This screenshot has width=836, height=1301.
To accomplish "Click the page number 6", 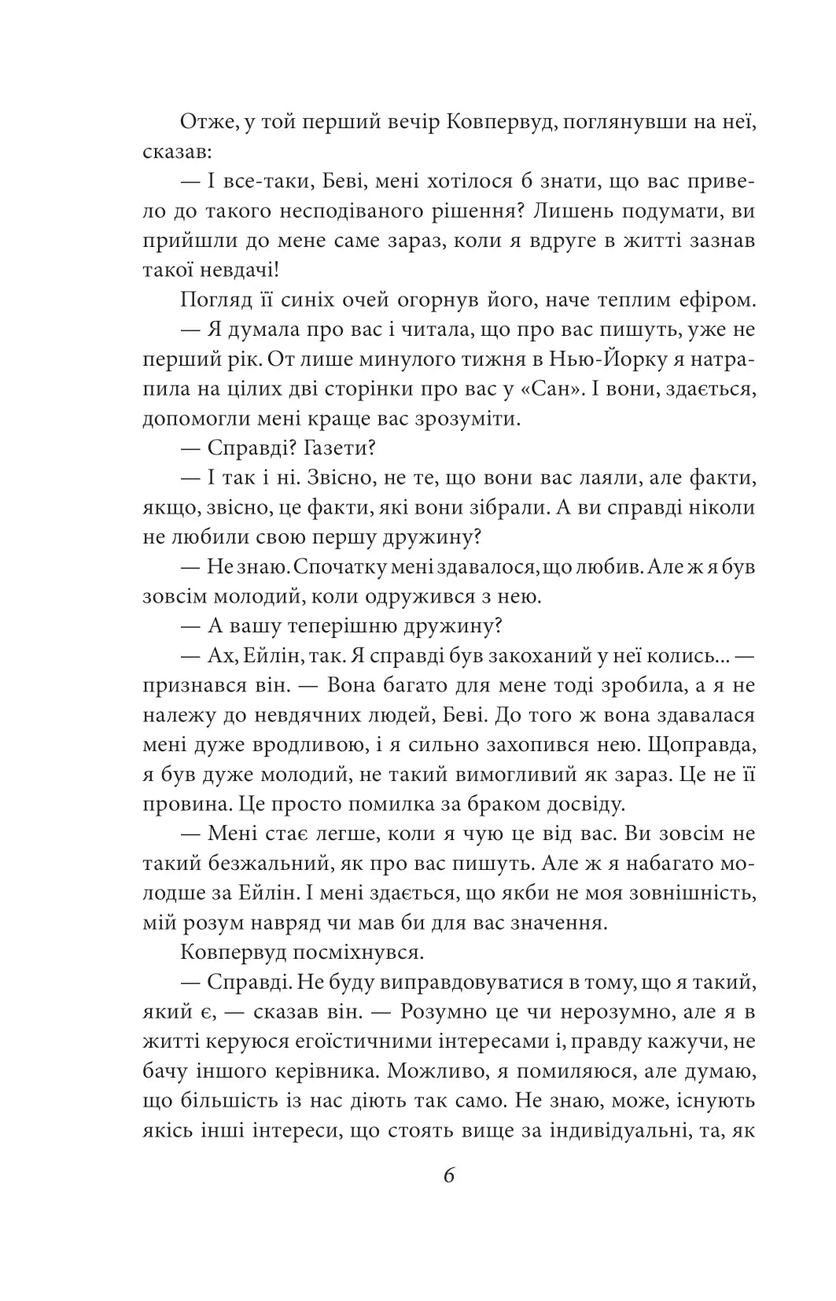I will pyautogui.click(x=449, y=1177).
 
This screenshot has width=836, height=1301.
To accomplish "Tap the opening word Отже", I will pyautogui.click(x=206, y=122).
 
